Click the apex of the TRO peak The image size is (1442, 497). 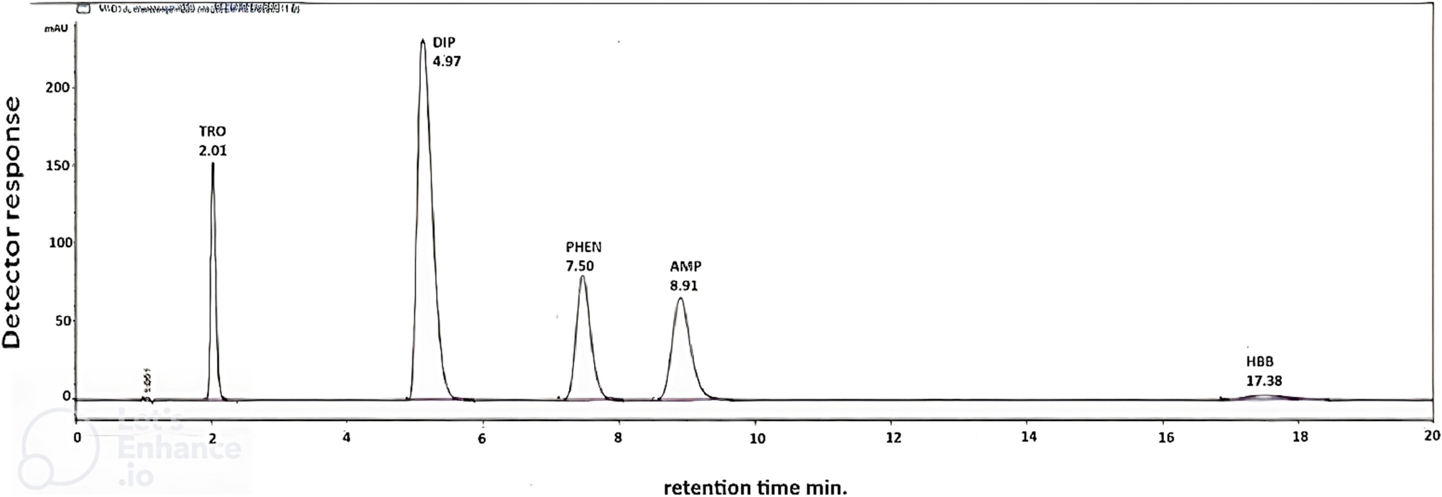tap(213, 164)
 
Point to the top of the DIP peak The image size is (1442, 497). tap(422, 40)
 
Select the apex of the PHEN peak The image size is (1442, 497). tap(582, 277)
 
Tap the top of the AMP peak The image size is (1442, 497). tap(680, 299)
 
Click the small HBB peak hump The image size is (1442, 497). tap(1265, 396)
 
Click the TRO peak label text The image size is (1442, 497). tap(213, 131)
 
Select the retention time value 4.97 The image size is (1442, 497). tap(447, 61)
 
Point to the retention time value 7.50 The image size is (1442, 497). tap(580, 266)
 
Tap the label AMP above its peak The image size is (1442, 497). tap(685, 266)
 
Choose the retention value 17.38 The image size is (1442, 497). tap(1264, 381)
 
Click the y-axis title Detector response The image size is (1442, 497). tap(13, 223)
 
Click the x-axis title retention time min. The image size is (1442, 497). tap(755, 488)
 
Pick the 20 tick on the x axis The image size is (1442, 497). tap(1432, 437)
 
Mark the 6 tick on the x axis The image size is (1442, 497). tap(482, 437)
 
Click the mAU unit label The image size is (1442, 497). tap(56, 29)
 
